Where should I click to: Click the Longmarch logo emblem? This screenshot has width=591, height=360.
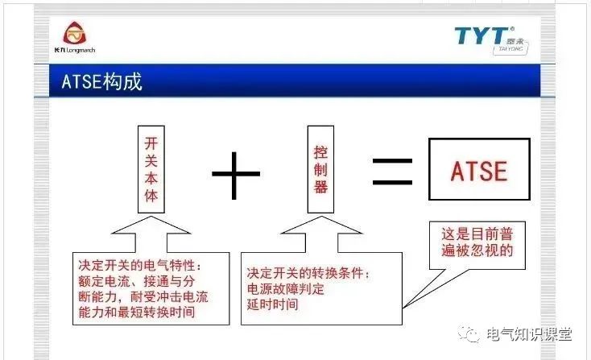point(74,34)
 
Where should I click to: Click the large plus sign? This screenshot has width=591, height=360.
point(235,171)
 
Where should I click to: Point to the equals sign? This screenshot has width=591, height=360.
point(392,171)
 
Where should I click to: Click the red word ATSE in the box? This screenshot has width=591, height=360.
point(478,171)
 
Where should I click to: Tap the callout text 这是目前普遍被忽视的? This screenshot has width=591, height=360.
point(477,242)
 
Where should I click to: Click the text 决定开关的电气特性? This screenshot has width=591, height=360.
point(137,265)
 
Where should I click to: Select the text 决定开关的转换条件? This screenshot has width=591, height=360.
point(307,273)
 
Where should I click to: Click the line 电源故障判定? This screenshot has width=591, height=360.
point(287,289)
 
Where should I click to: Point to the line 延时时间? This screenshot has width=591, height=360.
point(273,304)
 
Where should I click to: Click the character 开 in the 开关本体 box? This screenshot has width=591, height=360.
point(150,142)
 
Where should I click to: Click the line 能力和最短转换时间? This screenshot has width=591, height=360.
point(137,312)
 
